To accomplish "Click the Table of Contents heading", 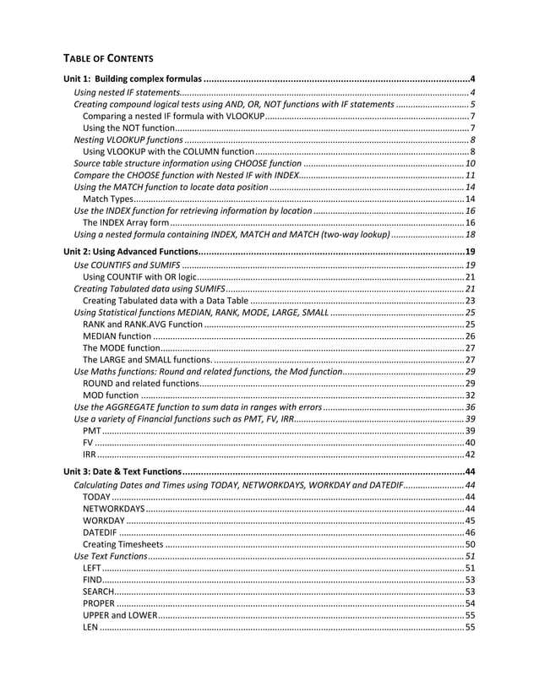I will point(108,58).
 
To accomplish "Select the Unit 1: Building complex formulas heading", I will point(133,79).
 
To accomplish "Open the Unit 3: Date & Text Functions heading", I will point(127,471).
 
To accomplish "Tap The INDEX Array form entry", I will point(121,221).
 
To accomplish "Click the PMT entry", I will point(91,430).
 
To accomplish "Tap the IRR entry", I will point(90,454).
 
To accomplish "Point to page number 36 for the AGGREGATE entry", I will point(470,406).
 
